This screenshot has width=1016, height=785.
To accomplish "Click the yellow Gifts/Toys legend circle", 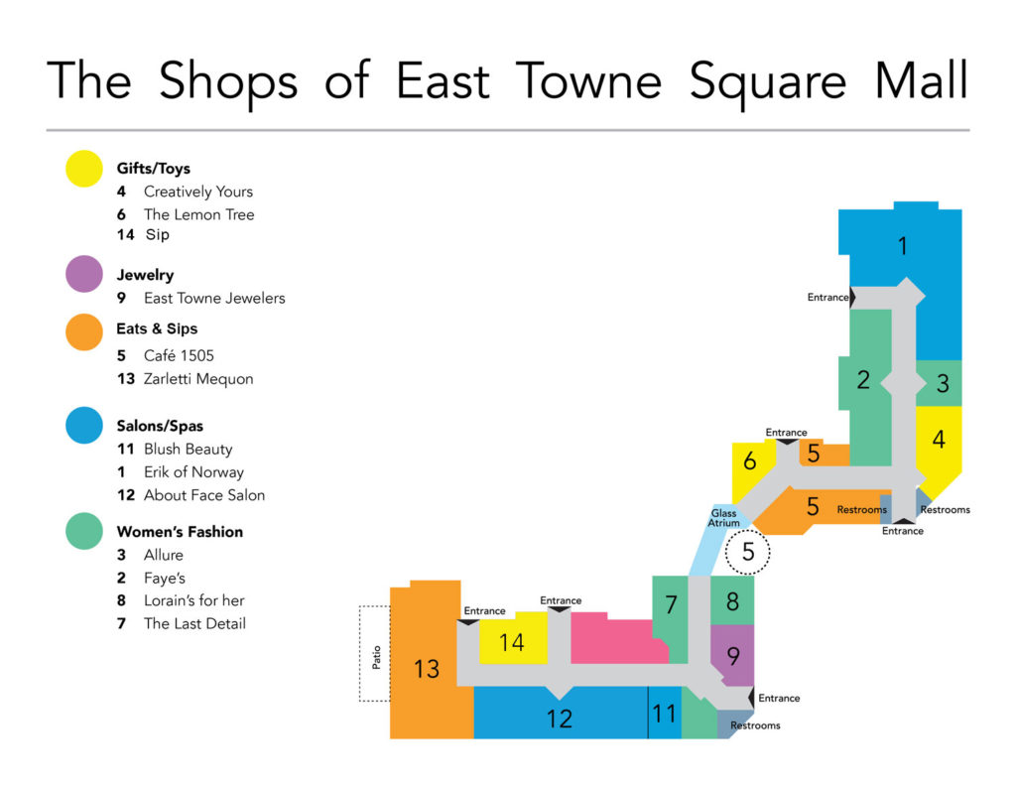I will (84, 169).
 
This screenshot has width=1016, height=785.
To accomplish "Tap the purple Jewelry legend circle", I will (84, 275).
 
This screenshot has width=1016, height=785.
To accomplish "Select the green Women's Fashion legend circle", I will (84, 531).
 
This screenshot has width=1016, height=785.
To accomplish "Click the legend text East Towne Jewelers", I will (214, 298).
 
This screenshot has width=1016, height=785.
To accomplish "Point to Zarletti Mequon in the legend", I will (198, 379).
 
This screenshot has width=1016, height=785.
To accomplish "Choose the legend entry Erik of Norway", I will (193, 472).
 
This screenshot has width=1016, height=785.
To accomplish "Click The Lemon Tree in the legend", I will (198, 214).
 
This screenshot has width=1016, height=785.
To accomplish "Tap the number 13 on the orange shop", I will (427, 669).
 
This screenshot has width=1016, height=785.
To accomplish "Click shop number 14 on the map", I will (511, 642).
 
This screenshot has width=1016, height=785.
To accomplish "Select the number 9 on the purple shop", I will (733, 656).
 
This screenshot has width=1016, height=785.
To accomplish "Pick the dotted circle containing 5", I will (748, 553).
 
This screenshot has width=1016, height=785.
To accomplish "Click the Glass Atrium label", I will (723, 518).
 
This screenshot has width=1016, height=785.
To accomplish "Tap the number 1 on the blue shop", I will (902, 245).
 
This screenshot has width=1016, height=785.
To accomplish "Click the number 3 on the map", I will (943, 383).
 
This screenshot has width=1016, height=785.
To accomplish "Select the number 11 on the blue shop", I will (664, 714).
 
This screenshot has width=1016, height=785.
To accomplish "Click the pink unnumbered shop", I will (615, 640).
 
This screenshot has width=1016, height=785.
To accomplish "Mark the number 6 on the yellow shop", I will (750, 461).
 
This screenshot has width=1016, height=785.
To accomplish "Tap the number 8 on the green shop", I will (732, 601).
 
